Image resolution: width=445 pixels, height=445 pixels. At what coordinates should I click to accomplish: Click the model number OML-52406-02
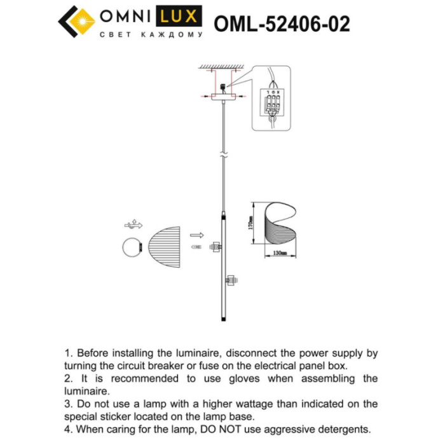click(282, 24)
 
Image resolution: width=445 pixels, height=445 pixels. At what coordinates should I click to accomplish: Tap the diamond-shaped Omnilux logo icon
click(76, 22)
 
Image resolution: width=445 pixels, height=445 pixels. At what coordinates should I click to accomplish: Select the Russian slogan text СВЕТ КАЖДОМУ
click(151, 35)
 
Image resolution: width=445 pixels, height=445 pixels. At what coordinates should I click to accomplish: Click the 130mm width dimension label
click(280, 253)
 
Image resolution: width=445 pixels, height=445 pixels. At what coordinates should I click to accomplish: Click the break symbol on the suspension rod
click(222, 154)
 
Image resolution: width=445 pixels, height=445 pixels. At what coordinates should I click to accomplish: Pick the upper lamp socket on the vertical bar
click(216, 245)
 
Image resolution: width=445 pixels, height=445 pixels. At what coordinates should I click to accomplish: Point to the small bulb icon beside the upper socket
click(197, 245)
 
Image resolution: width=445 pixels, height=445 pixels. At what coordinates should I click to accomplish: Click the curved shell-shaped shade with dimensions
click(280, 224)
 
